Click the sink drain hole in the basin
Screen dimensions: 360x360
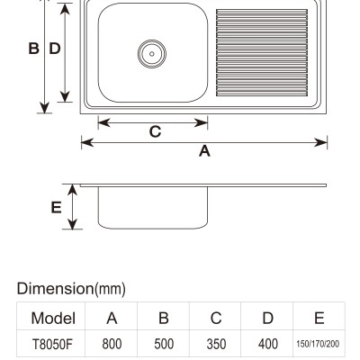coord(152,54)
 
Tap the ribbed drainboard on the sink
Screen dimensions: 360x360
coord(262,52)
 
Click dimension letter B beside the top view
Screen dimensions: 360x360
coord(33,49)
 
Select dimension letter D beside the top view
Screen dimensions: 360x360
coord(55,49)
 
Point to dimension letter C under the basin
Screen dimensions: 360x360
coord(155,131)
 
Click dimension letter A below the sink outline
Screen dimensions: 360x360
coord(204,151)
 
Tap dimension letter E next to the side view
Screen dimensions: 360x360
coord(56,207)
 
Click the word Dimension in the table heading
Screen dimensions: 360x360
coord(56,288)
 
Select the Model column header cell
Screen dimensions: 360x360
coord(53,318)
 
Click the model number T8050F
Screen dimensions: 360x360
coord(52,344)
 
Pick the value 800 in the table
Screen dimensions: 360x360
coord(112,344)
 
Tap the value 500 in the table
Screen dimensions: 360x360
coord(164,344)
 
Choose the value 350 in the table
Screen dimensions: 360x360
coord(216,344)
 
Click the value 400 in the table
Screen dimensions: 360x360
coord(268,344)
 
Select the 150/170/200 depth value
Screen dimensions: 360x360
coord(318,344)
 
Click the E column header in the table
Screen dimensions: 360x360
coord(319,318)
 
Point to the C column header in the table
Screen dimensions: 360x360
coord(216,318)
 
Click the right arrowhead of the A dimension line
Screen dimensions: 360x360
coord(320,142)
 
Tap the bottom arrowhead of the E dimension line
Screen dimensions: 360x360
coord(72,224)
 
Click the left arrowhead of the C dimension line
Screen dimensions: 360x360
coord(104,122)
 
